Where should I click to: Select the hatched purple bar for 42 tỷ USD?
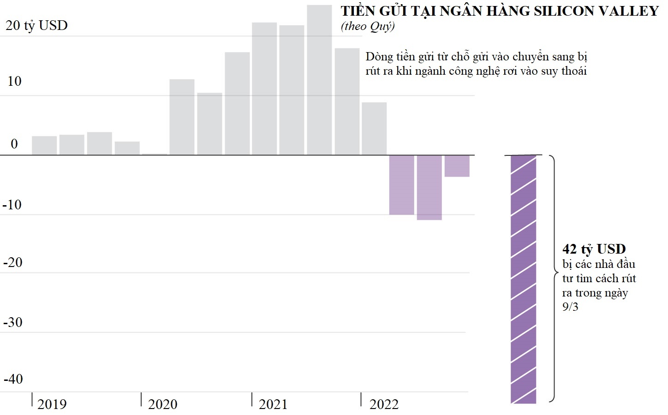tap(523, 279)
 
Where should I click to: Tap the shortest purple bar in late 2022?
tap(457, 166)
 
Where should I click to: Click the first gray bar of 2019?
tap(44, 145)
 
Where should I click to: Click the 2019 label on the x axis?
tap(52, 404)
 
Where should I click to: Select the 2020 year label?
tap(162, 404)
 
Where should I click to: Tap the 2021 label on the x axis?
tap(273, 404)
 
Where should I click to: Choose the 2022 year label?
tap(384, 404)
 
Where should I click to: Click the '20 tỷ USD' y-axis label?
tap(36, 25)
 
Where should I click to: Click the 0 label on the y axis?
tap(14, 144)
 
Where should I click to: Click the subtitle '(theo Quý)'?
tap(368, 26)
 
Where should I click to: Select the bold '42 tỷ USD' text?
tap(594, 249)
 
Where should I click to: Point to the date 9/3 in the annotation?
tap(570, 307)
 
